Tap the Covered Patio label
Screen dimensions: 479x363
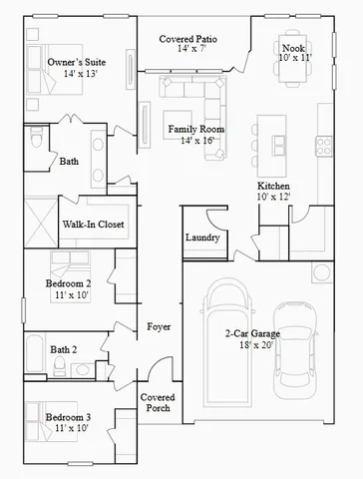click(188, 40)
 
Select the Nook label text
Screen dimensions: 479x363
click(292, 47)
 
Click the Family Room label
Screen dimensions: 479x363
click(195, 130)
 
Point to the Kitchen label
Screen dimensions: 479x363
click(274, 187)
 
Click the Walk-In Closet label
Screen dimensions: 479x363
click(93, 225)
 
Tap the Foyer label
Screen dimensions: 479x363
click(158, 326)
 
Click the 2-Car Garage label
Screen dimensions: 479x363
click(252, 333)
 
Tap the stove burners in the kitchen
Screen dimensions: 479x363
click(324, 146)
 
